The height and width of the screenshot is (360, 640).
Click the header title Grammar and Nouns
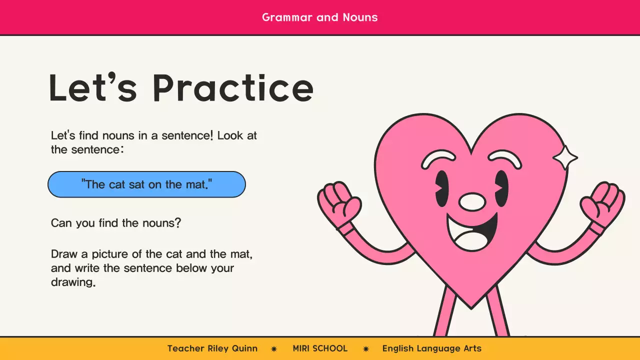[319, 17]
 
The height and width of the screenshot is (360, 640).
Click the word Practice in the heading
[233, 88]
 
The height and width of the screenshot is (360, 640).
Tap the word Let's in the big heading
[92, 88]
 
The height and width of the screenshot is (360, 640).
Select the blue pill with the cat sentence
[146, 184]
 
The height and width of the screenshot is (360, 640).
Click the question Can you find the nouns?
[116, 223]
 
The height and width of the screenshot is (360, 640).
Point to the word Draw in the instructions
[64, 254]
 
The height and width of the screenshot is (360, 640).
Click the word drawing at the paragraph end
[73, 282]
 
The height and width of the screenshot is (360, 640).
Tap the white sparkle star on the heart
[565, 158]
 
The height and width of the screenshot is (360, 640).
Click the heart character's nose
[472, 201]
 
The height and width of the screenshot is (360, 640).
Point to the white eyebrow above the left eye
[438, 159]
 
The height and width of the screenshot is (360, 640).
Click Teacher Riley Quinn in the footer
[212, 348]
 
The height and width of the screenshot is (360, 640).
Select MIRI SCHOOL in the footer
[320, 348]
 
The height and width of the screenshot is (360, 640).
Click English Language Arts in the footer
[432, 348]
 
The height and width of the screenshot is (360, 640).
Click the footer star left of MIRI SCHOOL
[274, 349]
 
